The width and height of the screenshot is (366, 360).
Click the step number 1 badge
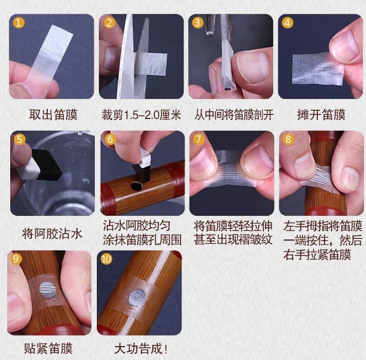coord(18,23)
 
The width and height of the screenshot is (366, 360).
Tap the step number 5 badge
coord(19,139)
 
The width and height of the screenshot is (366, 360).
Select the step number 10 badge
coord(106,259)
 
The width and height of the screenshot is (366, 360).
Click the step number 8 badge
coord(288,139)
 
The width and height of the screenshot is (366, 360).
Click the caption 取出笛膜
coord(53,115)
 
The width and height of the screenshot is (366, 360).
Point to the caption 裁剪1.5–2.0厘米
coord(141,115)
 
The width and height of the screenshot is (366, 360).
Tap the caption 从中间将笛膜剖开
coord(233,115)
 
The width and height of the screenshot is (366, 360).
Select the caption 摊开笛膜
coord(321,115)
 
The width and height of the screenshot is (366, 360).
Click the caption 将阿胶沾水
coord(52,233)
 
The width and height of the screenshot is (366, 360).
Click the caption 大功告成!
coord(141,349)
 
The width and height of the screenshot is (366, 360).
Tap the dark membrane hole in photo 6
coord(136,186)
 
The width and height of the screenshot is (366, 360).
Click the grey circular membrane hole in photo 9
coord(48,289)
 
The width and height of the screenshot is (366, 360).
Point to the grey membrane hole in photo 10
coord(137,298)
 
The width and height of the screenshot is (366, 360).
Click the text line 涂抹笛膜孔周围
coord(142,240)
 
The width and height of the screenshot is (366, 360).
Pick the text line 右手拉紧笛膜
coord(317,254)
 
